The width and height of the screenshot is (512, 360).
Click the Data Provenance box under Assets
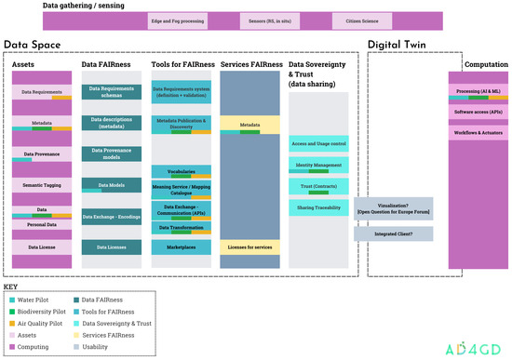pyautogui.click(x=42, y=154)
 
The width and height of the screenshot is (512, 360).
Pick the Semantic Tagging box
pyautogui.click(x=42, y=186)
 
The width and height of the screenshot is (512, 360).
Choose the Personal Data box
pyautogui.click(x=42, y=225)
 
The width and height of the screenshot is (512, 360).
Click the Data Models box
pyautogui.click(x=111, y=185)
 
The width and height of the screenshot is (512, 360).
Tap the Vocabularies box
pyautogui.click(x=182, y=172)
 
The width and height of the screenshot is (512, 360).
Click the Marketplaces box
pyautogui.click(x=182, y=247)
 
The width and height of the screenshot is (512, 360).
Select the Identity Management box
pyautogui.click(x=318, y=166)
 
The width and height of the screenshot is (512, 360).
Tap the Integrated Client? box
pyautogui.click(x=393, y=233)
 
